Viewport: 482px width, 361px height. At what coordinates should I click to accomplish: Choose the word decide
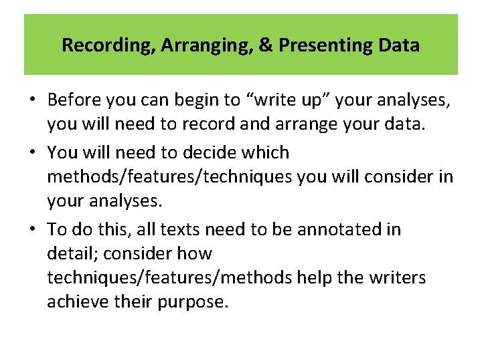[x=203, y=152]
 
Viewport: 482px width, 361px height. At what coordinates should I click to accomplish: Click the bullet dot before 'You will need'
[x=33, y=153]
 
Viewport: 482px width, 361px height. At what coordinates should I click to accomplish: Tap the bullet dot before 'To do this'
[x=33, y=230]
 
